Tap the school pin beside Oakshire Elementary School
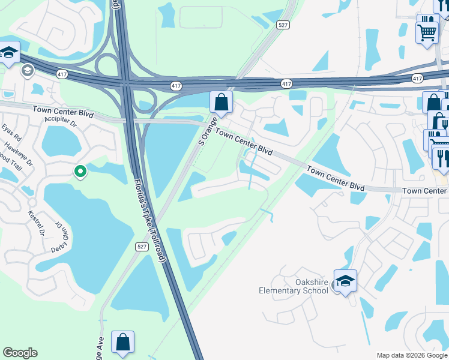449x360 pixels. (345, 281)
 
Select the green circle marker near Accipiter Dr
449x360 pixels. (80, 172)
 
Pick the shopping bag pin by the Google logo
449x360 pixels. (122, 343)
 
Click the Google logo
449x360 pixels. (20, 353)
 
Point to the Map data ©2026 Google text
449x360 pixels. (412, 355)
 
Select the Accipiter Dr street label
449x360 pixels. (62, 123)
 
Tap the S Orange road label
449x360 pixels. (209, 131)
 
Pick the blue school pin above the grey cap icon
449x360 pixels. (8, 53)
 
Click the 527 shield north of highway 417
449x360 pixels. (283, 25)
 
